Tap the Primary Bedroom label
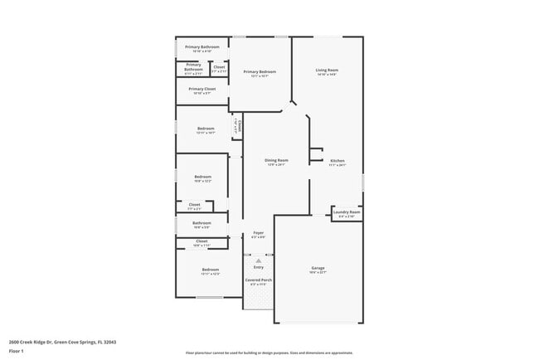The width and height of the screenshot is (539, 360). [260, 73]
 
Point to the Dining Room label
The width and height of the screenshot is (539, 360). [276, 161]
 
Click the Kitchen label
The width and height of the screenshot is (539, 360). [337, 162]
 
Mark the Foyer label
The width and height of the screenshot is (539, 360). [258, 235]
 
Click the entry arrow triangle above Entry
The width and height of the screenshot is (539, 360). [258, 260]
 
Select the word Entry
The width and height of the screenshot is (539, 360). [258, 267]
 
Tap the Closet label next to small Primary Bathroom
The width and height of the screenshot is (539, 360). [219, 68]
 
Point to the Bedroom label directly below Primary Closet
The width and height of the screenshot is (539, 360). [206, 129]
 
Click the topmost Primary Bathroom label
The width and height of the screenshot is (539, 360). [202, 48]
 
